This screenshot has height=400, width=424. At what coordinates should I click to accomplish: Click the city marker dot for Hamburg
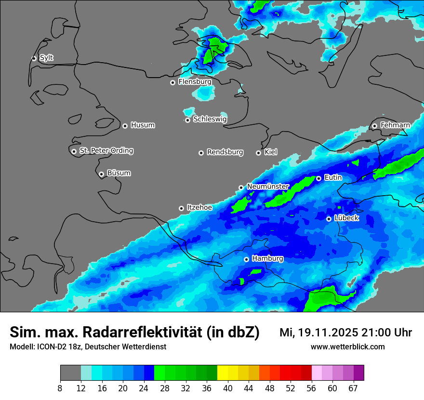pyautogui.click(x=246, y=259)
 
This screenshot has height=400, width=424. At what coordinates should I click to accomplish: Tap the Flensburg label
pyautogui.click(x=195, y=82)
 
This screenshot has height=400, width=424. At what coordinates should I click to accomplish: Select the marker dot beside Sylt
pyautogui.click(x=34, y=58)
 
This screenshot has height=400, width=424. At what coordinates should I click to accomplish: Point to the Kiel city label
pyautogui.click(x=271, y=152)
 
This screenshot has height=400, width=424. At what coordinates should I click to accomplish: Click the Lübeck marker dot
pyautogui.click(x=329, y=219)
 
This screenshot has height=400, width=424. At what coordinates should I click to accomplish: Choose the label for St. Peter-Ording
pyautogui.click(x=106, y=151)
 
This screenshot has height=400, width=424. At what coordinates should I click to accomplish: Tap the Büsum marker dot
pyautogui.click(x=101, y=174)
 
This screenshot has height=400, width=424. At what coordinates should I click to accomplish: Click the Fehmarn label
pyautogui.click(x=395, y=125)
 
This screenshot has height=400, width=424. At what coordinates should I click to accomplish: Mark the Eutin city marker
pyautogui.click(x=318, y=178)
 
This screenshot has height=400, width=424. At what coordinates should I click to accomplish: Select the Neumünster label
pyautogui.click(x=268, y=187)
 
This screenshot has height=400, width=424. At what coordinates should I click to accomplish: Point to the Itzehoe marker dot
pyautogui.click(x=181, y=209)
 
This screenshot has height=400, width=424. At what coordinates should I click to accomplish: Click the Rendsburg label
pyautogui.click(x=225, y=152)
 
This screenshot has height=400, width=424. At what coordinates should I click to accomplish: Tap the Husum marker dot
pyautogui.click(x=125, y=126)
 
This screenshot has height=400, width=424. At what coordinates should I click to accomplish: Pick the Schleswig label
pyautogui.click(x=210, y=119)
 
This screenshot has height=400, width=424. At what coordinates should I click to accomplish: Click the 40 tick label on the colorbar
pyautogui.click(x=228, y=388)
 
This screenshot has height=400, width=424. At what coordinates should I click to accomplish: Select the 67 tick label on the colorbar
pyautogui.click(x=353, y=388)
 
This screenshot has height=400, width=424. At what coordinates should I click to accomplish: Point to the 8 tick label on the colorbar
pyautogui.click(x=61, y=388)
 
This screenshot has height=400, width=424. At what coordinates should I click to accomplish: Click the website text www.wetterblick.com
pyautogui.click(x=347, y=347)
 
